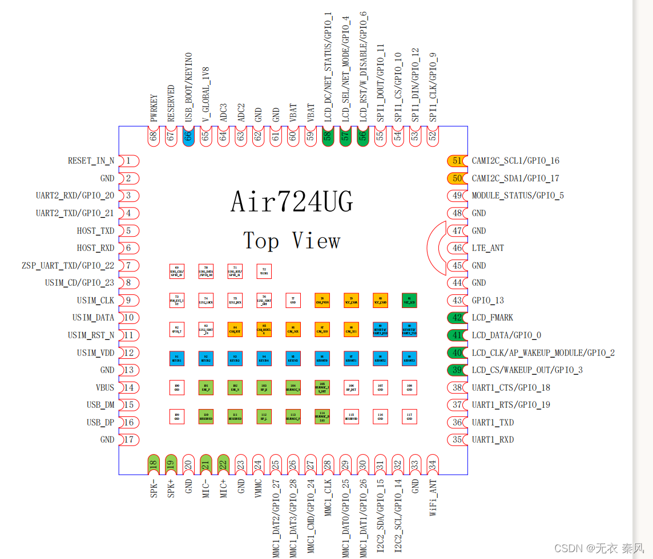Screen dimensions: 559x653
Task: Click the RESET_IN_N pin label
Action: pos(91,161)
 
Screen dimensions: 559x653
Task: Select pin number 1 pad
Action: pos(129,161)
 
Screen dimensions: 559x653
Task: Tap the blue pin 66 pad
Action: pos(188,136)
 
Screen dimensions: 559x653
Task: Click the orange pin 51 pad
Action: pos(457,161)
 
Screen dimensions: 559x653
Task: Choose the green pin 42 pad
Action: pos(457,318)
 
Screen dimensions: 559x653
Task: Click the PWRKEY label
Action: pos(154,108)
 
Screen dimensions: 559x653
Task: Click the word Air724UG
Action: pos(292,202)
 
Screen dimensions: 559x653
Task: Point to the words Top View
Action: pos(292,241)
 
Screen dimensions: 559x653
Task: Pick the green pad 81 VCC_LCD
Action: pos(409,300)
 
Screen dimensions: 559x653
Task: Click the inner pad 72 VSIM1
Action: pos(264,271)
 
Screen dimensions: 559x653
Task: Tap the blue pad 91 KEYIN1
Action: pos(177,358)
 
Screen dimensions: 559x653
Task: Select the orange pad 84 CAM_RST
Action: pos(235,329)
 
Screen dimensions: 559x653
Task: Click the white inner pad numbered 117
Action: pos(409,416)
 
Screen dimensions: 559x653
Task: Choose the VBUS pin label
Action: pos(105,388)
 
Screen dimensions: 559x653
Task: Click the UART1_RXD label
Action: pos(493,440)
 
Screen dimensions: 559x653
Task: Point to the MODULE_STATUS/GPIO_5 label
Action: pos(518,196)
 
